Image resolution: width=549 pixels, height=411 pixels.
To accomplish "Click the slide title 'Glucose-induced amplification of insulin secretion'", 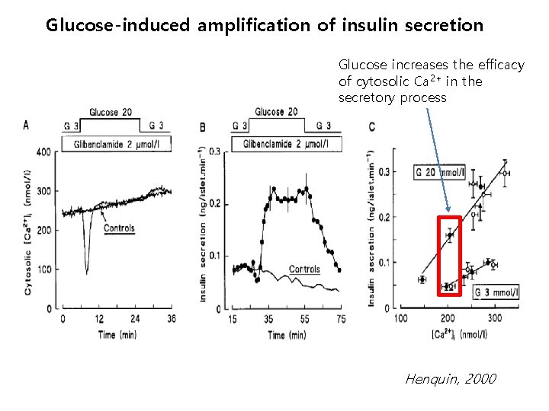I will point(264,25).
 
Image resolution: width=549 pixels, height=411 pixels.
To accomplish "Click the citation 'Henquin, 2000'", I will point(450,378).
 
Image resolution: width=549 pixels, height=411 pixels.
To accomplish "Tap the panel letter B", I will point(202,127).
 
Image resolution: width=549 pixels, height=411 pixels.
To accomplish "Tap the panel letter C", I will point(371,126).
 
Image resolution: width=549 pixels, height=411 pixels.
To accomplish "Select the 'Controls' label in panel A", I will point(119,228).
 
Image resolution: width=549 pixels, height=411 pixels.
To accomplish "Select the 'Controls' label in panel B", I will point(304,269).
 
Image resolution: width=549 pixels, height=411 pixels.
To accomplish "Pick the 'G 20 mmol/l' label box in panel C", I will point(439,173).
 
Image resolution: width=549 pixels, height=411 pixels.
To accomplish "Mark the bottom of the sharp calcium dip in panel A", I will point(87,272).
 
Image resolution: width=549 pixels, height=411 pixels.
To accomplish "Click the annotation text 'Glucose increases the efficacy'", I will point(432,65).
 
